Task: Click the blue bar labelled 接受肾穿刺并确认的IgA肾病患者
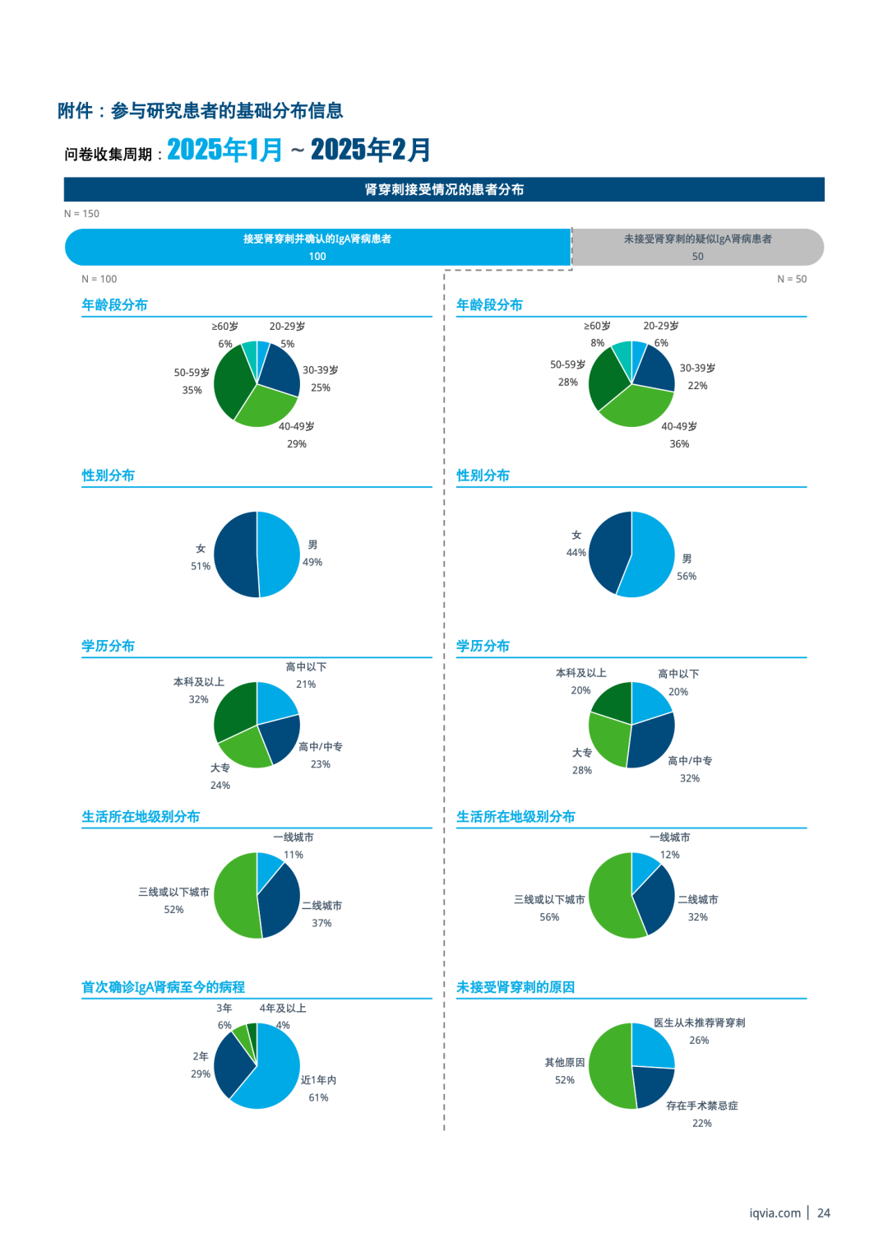point(317,247)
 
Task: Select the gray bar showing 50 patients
point(697,247)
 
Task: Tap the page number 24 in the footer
point(824,1213)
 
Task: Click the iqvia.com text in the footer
point(775,1213)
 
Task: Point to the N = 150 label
point(81,214)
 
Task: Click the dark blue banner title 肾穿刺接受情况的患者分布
point(444,189)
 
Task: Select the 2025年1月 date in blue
point(224,150)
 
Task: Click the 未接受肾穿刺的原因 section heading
point(516,987)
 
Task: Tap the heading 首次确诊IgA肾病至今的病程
point(163,987)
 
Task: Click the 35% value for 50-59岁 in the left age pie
point(192,390)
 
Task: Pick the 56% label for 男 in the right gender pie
point(687,576)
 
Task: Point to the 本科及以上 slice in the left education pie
point(234,709)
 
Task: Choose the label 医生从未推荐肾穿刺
point(700,1023)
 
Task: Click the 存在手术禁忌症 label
point(702,1106)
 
